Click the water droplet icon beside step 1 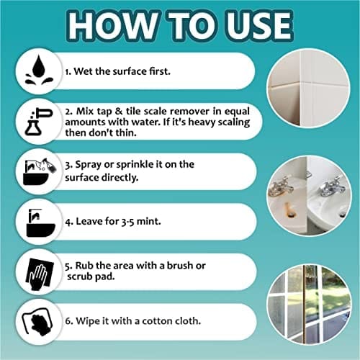(x=39, y=70)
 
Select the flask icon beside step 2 (x=38, y=121)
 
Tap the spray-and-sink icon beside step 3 (x=40, y=171)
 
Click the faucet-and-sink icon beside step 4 (x=40, y=222)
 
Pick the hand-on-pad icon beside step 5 (x=40, y=273)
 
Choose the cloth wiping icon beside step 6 (x=38, y=323)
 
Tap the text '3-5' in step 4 (x=127, y=221)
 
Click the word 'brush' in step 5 (x=180, y=266)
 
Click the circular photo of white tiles (x=308, y=88)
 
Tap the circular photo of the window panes (x=310, y=305)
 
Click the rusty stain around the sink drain (x=289, y=211)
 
